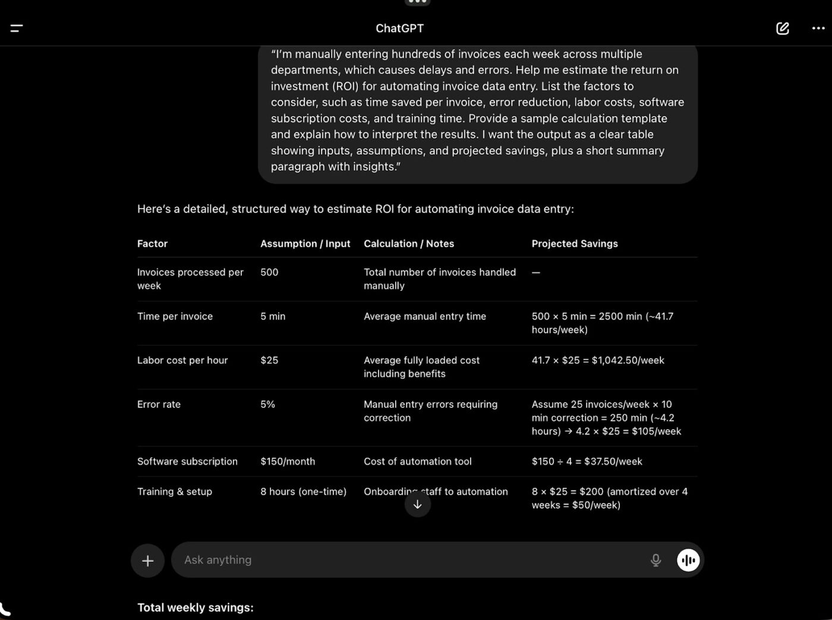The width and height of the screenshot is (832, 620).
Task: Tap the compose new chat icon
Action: [783, 28]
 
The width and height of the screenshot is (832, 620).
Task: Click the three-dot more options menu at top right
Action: [818, 28]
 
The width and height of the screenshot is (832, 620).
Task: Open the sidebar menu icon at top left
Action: [17, 28]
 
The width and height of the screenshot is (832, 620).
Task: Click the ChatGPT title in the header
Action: [399, 28]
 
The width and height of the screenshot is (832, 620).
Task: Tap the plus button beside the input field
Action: [147, 560]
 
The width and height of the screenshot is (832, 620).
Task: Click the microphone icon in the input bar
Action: [655, 560]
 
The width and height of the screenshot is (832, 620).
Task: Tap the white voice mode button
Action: [688, 560]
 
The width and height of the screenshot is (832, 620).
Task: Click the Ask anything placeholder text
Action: [218, 560]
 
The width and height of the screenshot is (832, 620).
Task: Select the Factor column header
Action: [152, 244]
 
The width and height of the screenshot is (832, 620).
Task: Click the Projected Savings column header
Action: [575, 244]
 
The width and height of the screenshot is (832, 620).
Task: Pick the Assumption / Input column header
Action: [305, 244]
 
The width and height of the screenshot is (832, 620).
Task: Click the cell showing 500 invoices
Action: [269, 272]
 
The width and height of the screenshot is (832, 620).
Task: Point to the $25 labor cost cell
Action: [269, 360]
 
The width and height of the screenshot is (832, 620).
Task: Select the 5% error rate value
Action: [267, 404]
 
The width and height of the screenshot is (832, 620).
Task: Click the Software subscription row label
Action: [187, 461]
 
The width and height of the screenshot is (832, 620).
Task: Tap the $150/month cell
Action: [288, 461]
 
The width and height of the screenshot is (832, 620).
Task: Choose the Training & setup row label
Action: [175, 492]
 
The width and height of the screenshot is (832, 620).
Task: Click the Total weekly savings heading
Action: [195, 608]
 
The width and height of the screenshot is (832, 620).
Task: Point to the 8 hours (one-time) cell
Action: [303, 492]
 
